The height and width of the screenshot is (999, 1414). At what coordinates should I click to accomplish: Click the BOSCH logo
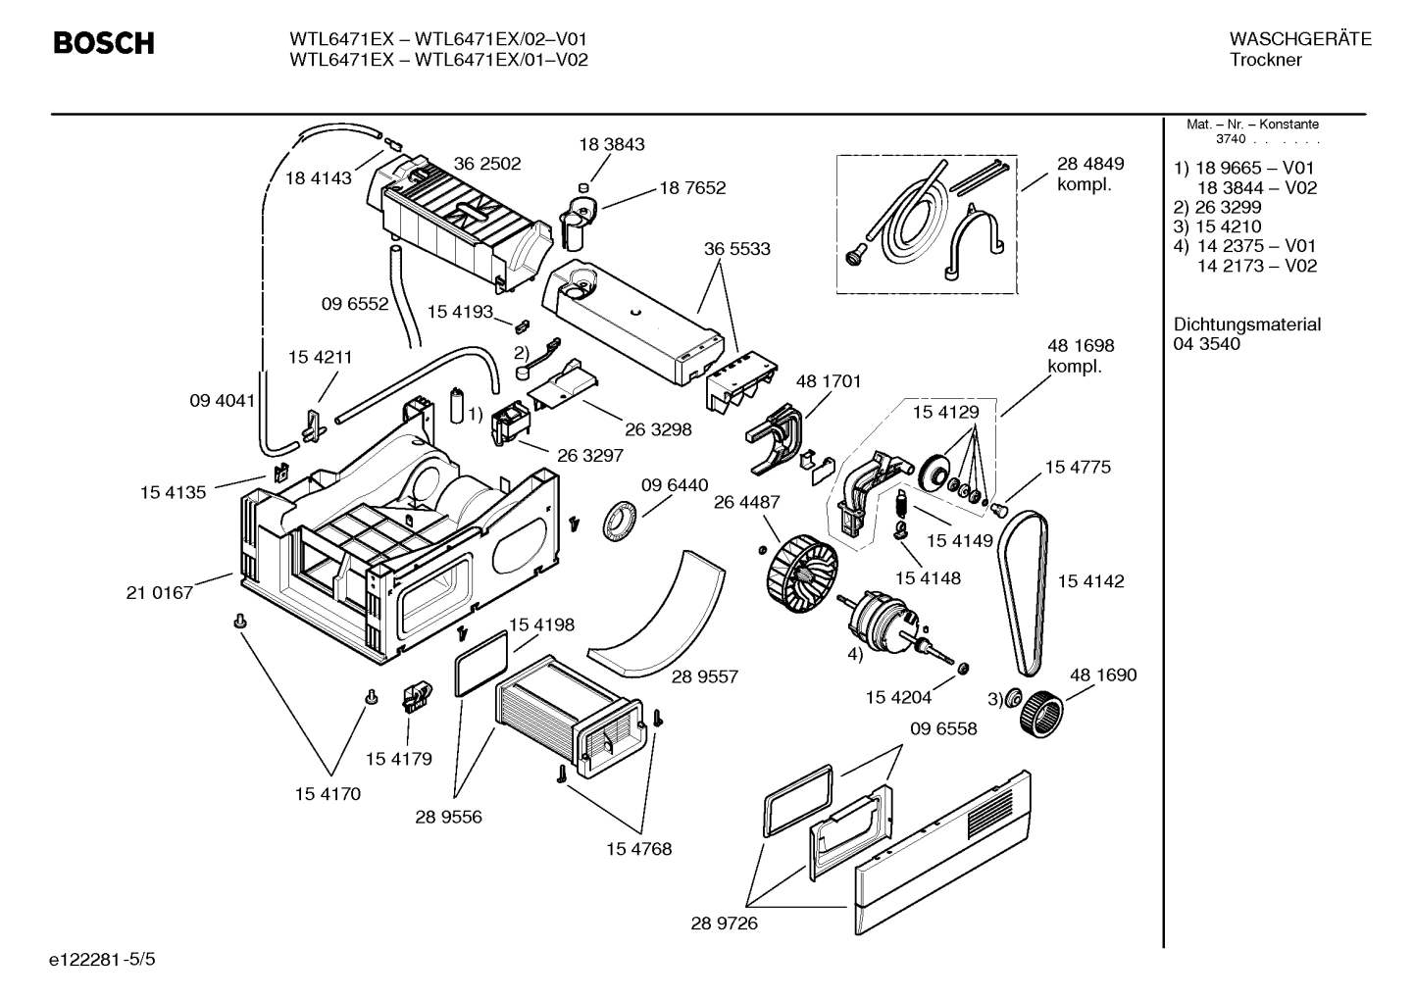(103, 44)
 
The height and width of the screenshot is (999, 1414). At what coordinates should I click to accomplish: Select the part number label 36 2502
(486, 164)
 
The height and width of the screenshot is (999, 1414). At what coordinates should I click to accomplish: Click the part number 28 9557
(705, 676)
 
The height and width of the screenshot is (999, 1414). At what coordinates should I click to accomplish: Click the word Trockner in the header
(1265, 60)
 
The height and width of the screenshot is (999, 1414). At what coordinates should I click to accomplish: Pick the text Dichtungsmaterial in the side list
(1246, 324)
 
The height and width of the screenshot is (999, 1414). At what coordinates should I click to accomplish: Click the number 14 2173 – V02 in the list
(1256, 266)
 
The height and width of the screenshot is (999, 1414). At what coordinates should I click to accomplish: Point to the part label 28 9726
(724, 924)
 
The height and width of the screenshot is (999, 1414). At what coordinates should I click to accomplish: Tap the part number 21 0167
(160, 592)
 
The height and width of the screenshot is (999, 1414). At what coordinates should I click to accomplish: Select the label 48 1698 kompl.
(1081, 356)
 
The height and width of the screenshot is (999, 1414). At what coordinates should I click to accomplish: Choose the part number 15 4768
(638, 849)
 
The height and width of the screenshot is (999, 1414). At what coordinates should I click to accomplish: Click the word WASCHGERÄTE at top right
(1299, 39)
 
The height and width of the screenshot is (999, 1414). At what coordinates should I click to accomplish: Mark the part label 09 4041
(222, 400)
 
